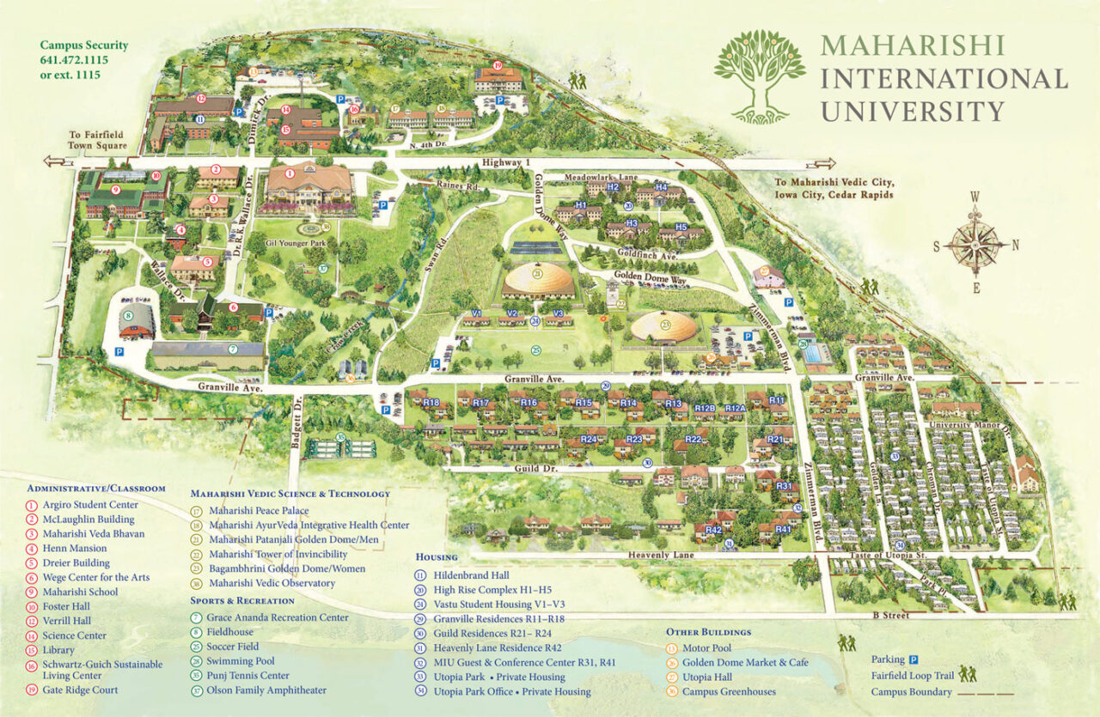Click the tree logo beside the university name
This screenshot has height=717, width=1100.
tap(760, 76)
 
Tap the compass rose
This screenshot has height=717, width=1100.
tap(976, 244)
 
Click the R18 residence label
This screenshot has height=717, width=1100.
tap(431, 403)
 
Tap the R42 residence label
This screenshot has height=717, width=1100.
tap(713, 531)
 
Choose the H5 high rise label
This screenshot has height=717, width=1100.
tap(681, 227)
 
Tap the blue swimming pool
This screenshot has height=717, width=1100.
tap(814, 352)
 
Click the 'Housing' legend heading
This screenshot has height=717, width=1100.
tap(436, 556)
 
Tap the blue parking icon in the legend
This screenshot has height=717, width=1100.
tap(914, 659)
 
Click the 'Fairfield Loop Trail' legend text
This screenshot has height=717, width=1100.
tap(913, 676)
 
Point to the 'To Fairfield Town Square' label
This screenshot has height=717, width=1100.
tap(99, 141)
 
